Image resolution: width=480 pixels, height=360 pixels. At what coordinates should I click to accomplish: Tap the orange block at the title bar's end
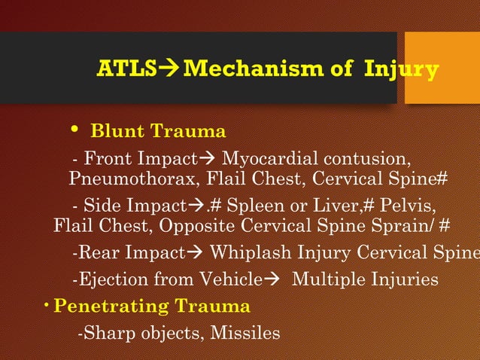[442, 68]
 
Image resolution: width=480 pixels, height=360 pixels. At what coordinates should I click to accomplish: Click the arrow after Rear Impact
[196, 254]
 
